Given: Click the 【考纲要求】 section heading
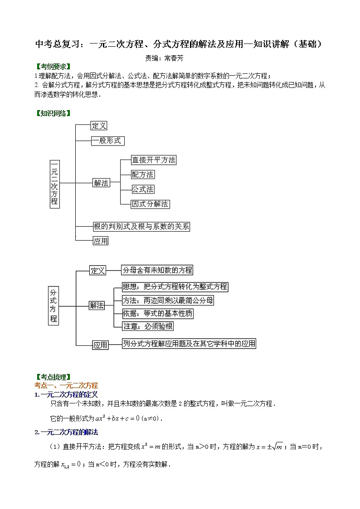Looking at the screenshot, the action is tap(53, 67).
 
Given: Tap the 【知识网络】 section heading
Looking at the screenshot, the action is tap(53, 113).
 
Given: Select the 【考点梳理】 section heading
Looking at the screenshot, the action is tap(53, 377).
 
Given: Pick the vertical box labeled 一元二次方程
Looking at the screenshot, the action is tap(54, 184).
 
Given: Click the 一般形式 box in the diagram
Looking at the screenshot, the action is tap(107, 141).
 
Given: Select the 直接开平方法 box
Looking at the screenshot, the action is tap(153, 160).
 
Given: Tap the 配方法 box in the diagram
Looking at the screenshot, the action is tap(142, 174).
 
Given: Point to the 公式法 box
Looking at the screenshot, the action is tap(142, 189).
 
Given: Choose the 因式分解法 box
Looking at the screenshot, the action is tap(150, 204).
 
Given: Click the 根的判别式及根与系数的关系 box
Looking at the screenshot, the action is tap(141, 227).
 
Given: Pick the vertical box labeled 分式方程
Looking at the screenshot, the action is tap(54, 305).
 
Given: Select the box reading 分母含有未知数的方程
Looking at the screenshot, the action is tap(157, 270).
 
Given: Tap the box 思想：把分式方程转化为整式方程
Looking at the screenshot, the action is tap(175, 286).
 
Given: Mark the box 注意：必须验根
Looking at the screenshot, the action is tap(148, 326).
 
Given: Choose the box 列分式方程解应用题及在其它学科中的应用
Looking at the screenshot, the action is tap(189, 344).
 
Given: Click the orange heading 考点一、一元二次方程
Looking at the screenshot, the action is tap(66, 385).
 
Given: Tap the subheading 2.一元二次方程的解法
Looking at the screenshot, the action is tap(66, 432).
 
